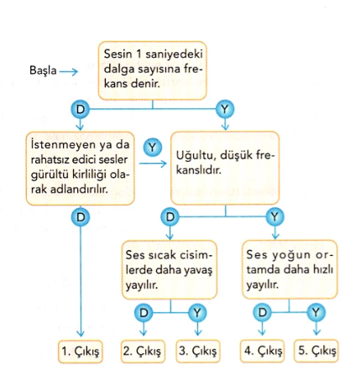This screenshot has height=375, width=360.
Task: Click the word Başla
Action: point(43,70)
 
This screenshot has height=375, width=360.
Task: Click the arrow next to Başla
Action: point(69,71)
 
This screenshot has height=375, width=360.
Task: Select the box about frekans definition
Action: point(153,70)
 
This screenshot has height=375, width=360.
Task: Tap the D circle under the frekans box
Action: point(80,109)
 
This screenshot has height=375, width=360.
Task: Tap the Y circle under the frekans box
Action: point(225,109)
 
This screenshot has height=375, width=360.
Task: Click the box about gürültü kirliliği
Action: point(81,169)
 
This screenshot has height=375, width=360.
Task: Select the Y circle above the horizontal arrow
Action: point(153,148)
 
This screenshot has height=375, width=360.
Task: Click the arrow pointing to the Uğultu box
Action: point(153,164)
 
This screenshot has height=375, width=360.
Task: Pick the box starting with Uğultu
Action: point(225,168)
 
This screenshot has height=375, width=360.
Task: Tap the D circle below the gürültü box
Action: point(81,217)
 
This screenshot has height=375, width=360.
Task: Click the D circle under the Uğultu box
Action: point(170,216)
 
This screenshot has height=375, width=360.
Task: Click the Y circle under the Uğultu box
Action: point(275,216)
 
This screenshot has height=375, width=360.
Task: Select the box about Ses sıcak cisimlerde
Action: point(170,270)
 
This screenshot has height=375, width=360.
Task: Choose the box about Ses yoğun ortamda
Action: point(290,269)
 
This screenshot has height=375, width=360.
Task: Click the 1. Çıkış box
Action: point(81,352)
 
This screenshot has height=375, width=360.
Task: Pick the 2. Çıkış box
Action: point(143,351)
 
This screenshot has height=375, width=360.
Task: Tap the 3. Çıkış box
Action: point(198,351)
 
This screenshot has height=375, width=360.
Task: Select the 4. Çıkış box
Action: point(262,351)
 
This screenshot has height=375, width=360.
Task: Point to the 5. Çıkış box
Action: point(316,351)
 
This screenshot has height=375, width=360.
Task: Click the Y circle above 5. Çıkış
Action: point(316,312)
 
